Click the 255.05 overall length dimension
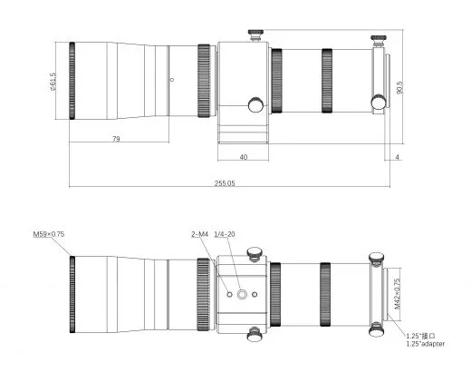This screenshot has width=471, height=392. [x=225, y=183]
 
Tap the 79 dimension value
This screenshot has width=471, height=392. [x=116, y=139]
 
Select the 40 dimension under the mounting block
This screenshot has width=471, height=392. [x=244, y=157]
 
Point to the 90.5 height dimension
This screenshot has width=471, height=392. [x=399, y=87]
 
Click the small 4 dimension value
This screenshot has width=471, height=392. [x=398, y=157]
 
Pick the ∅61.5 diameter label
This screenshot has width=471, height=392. [x=53, y=82]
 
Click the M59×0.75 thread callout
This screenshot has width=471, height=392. [x=49, y=234]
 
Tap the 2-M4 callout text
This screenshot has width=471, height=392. [x=200, y=234]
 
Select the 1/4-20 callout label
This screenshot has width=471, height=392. [x=225, y=234]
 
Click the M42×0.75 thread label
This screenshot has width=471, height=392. [x=398, y=294]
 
